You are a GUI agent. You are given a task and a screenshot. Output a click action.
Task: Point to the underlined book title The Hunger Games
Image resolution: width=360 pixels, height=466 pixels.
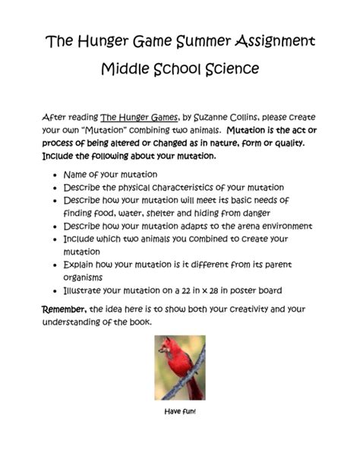click(140, 117)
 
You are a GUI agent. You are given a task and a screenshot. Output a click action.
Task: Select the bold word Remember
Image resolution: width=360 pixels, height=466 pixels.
click(64, 309)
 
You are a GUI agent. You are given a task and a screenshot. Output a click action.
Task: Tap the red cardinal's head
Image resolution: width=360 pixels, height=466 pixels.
click(167, 346)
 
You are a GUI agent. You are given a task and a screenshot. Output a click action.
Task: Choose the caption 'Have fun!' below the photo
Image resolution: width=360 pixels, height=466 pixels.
click(179, 411)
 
